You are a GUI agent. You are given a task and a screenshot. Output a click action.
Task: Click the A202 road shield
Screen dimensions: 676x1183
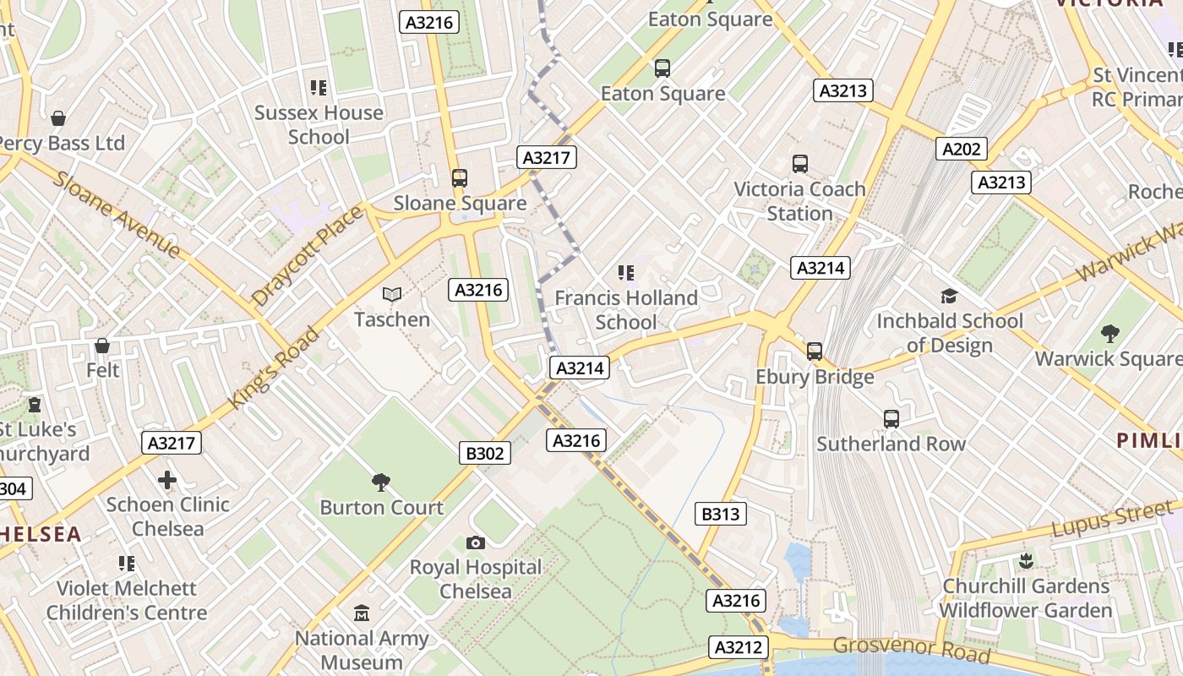click(962, 150)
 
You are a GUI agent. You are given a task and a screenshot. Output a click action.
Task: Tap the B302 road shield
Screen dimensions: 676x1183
click(485, 454)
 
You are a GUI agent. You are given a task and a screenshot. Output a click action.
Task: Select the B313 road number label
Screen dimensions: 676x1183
click(720, 514)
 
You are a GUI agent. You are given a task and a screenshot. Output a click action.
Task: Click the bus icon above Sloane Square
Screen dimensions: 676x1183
click(460, 178)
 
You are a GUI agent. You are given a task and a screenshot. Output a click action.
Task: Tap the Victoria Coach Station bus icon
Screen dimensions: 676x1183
click(799, 164)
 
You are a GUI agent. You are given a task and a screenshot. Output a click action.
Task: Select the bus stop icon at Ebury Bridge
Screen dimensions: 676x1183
click(815, 351)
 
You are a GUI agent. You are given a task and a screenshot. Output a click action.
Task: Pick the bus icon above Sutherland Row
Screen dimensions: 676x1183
click(891, 418)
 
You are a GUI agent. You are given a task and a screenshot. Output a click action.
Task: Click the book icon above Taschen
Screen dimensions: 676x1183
click(391, 294)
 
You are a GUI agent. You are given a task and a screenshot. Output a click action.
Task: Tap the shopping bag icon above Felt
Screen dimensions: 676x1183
click(102, 346)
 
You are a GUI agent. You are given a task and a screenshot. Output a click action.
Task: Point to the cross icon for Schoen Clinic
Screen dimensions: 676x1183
click(167, 480)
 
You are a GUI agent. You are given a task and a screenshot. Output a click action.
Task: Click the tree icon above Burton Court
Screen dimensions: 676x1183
click(381, 482)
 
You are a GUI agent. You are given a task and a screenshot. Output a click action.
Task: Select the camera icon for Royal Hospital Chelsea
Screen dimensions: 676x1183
click(476, 542)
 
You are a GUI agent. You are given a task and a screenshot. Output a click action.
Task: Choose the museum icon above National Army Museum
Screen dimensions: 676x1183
click(362, 613)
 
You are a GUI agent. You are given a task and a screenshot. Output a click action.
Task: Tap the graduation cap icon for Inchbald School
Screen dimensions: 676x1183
click(950, 296)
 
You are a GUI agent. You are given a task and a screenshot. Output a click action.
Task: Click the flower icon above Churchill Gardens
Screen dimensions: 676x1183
click(1026, 560)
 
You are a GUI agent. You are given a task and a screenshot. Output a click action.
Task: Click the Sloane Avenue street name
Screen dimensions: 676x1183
click(117, 215)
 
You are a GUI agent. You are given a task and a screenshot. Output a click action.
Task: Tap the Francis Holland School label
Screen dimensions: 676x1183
click(626, 310)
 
